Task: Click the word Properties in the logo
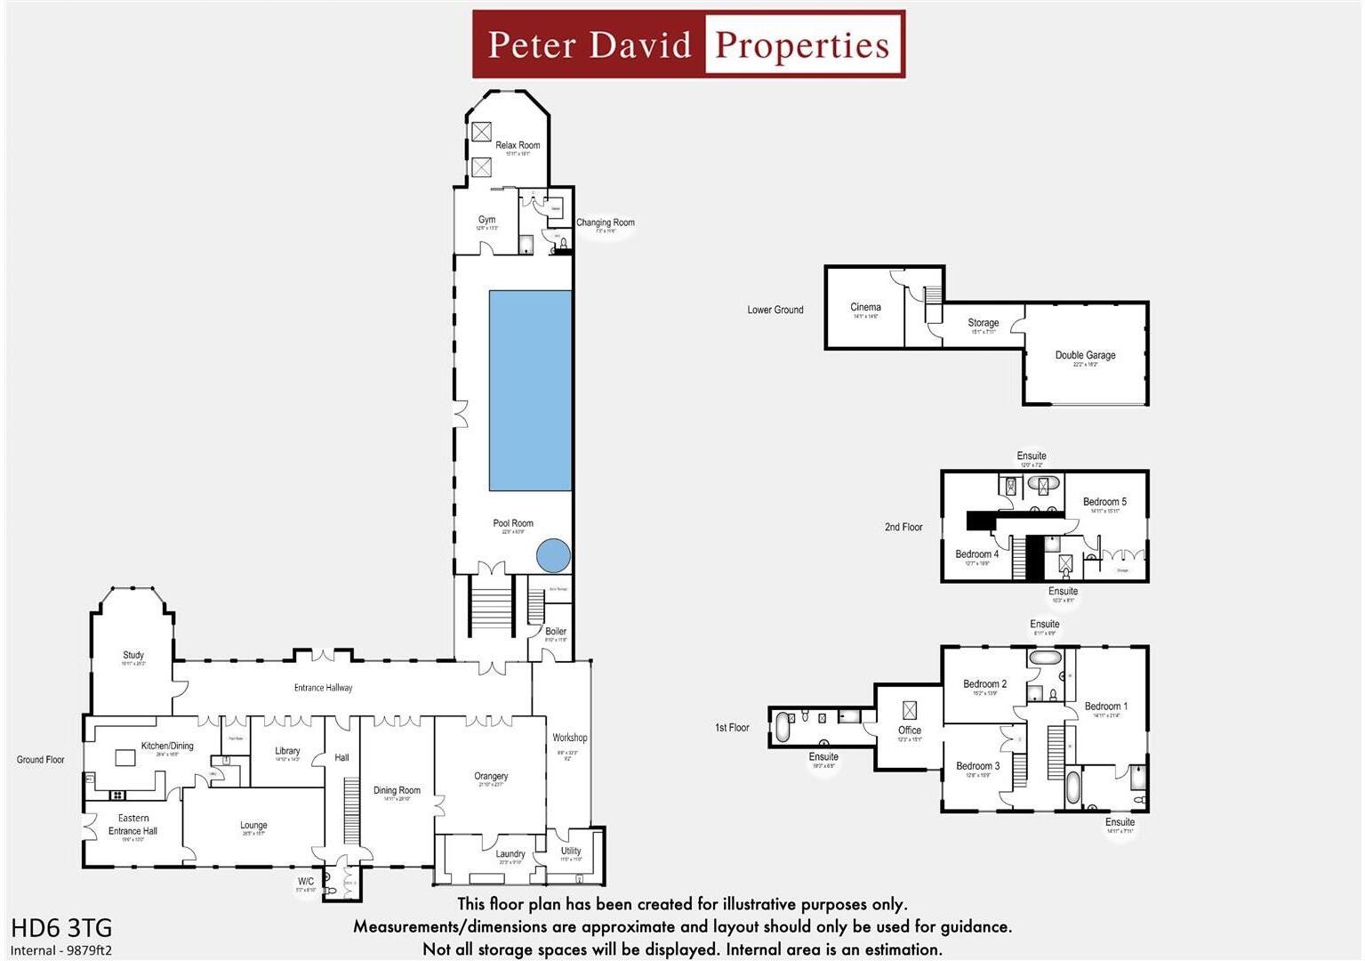(801, 44)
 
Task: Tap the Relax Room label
(518, 145)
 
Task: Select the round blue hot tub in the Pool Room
(553, 556)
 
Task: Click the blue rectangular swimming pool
(530, 391)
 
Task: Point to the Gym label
(486, 220)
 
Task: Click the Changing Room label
(605, 222)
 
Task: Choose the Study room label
(133, 655)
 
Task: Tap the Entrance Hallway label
(323, 688)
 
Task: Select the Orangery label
(491, 776)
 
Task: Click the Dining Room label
(397, 790)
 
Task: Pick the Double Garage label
(1085, 355)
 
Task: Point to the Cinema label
(865, 307)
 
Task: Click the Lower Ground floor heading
(775, 310)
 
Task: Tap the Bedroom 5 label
(1104, 502)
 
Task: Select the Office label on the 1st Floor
(909, 730)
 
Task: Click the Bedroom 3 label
(977, 766)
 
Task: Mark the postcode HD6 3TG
(61, 928)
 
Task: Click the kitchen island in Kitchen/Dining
(124, 758)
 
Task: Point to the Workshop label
(569, 738)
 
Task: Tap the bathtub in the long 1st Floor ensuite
(783, 727)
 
